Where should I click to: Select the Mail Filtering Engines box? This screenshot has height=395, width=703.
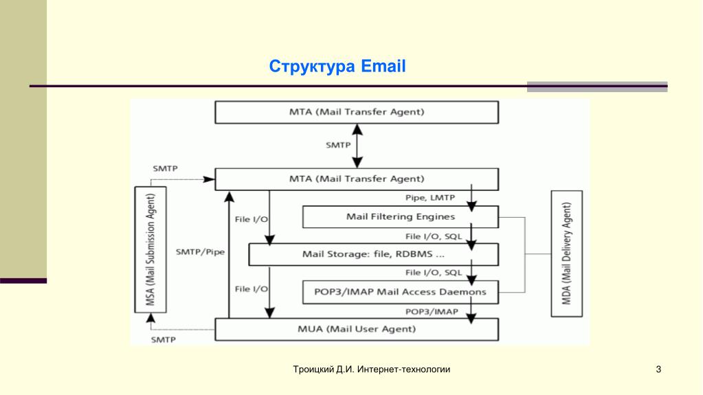pos(400,217)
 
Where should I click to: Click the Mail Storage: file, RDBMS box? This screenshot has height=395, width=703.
pos(372,255)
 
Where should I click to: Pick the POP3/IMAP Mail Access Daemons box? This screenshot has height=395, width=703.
pos(400,292)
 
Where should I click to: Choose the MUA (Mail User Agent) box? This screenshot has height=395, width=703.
pos(357,329)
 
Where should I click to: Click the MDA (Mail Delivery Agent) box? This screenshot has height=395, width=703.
pos(567,253)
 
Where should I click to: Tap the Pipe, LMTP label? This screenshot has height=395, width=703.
pos(430,199)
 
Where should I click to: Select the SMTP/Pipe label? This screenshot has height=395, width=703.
pos(200,251)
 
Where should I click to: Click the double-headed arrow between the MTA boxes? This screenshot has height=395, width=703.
pos(357,146)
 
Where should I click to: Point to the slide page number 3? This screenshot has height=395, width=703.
pos(658,370)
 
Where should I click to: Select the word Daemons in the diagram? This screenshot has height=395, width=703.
pos(463,292)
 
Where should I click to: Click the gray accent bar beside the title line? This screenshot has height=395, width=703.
pos(596,87)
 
